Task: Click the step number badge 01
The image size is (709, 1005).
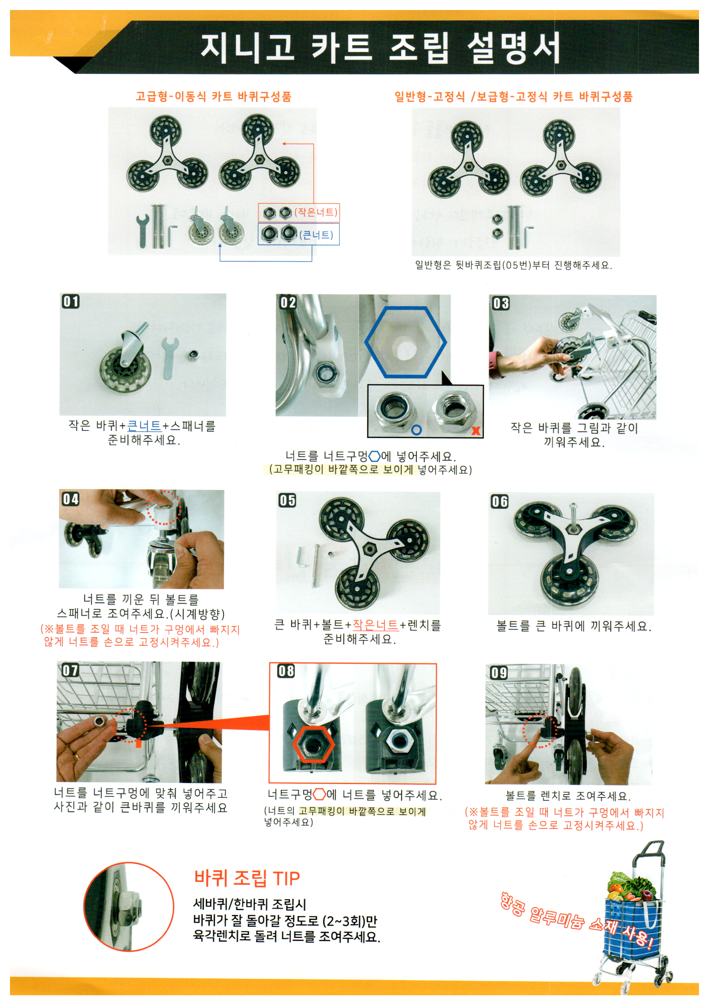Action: [71, 301]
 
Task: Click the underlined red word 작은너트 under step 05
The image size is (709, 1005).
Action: [375, 625]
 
